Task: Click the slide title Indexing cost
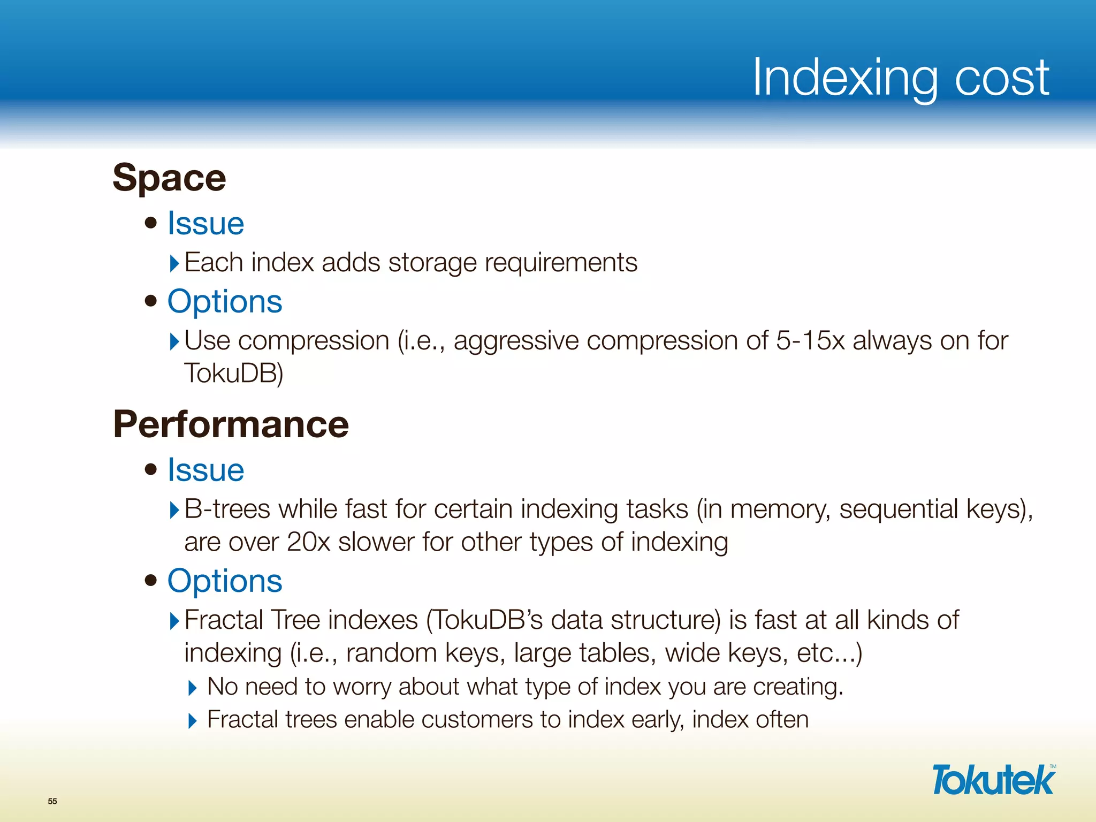[900, 78]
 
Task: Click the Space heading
[169, 178]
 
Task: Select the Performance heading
[231, 424]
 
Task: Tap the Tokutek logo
[993, 780]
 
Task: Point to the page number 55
[52, 801]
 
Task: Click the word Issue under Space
[205, 223]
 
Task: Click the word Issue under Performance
[205, 470]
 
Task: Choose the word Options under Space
[225, 301]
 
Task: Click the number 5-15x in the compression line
[810, 341]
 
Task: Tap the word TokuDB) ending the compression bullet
[233, 374]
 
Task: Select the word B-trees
[227, 509]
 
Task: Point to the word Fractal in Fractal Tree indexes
[224, 620]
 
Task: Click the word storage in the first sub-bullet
[432, 263]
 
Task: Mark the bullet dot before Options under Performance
[151, 580]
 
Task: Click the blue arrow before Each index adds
[174, 263]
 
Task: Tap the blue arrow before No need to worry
[193, 688]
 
